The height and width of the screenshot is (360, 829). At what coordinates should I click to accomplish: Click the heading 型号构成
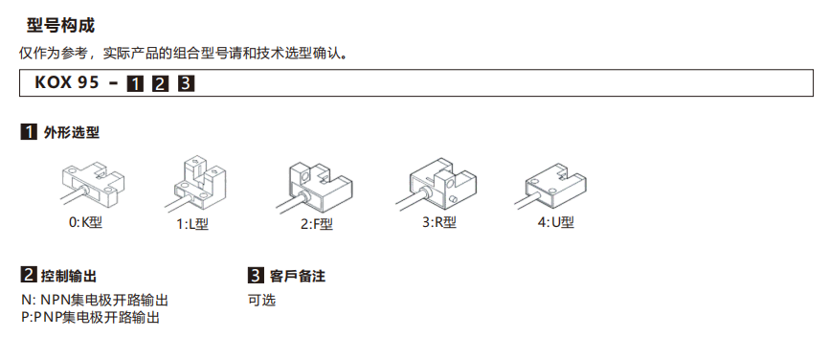tap(61, 26)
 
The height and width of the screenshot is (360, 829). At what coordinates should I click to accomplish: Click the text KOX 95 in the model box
tap(67, 83)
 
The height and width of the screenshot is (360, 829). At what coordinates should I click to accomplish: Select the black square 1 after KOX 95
tap(135, 83)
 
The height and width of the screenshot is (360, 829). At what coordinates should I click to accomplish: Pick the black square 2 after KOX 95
tap(160, 83)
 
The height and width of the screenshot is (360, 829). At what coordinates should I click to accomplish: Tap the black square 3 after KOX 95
tap(186, 83)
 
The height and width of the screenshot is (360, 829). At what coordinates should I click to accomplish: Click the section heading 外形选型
tap(72, 132)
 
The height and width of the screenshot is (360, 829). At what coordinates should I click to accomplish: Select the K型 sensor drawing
tap(92, 186)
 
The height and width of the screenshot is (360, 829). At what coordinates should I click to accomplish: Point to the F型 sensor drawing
tap(313, 187)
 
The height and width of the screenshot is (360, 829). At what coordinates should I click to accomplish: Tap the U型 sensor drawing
tap(550, 187)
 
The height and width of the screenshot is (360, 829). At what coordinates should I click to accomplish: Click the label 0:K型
tap(85, 222)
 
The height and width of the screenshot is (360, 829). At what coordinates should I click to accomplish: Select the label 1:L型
tap(193, 224)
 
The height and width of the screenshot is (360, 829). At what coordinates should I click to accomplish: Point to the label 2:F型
tap(317, 224)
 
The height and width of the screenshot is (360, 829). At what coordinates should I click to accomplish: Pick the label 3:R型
tap(439, 222)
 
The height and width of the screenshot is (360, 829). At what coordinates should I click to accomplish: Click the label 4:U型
tap(556, 222)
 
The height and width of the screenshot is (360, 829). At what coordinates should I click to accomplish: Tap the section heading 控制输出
tap(69, 276)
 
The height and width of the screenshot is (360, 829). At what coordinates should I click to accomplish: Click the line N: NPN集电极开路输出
tap(95, 301)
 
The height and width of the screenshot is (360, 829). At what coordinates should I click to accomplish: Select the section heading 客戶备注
tap(297, 276)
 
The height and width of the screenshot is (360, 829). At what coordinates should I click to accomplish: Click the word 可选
tap(261, 301)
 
